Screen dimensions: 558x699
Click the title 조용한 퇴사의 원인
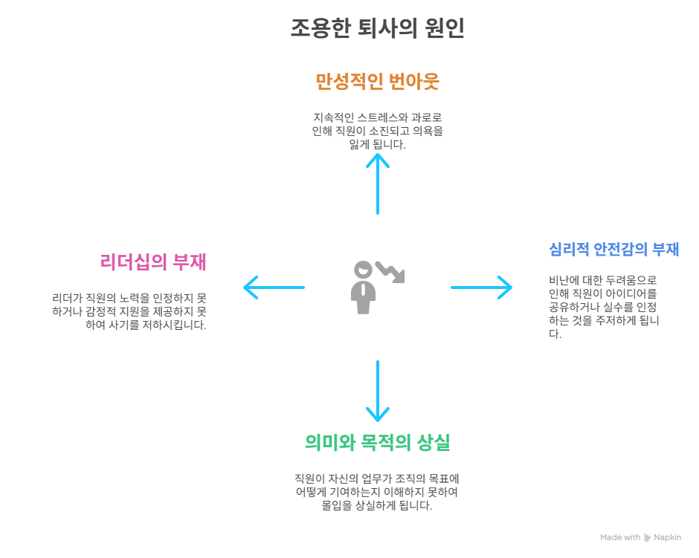(x=377, y=28)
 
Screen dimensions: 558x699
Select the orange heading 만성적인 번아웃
(x=377, y=81)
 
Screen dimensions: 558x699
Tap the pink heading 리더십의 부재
(x=152, y=262)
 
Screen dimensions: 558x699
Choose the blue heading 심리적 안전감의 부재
(x=613, y=250)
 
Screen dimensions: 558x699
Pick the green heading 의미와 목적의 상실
(x=377, y=443)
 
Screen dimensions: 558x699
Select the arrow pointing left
(x=274, y=287)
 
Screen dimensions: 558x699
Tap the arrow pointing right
(x=481, y=287)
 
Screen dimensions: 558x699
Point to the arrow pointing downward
(x=378, y=391)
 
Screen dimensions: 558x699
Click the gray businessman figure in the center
(x=363, y=288)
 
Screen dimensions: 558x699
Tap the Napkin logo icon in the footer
(x=647, y=537)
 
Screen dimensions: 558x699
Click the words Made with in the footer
(x=620, y=537)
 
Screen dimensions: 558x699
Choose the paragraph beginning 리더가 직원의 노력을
(x=129, y=311)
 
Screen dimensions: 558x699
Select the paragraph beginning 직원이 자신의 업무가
(x=377, y=492)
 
